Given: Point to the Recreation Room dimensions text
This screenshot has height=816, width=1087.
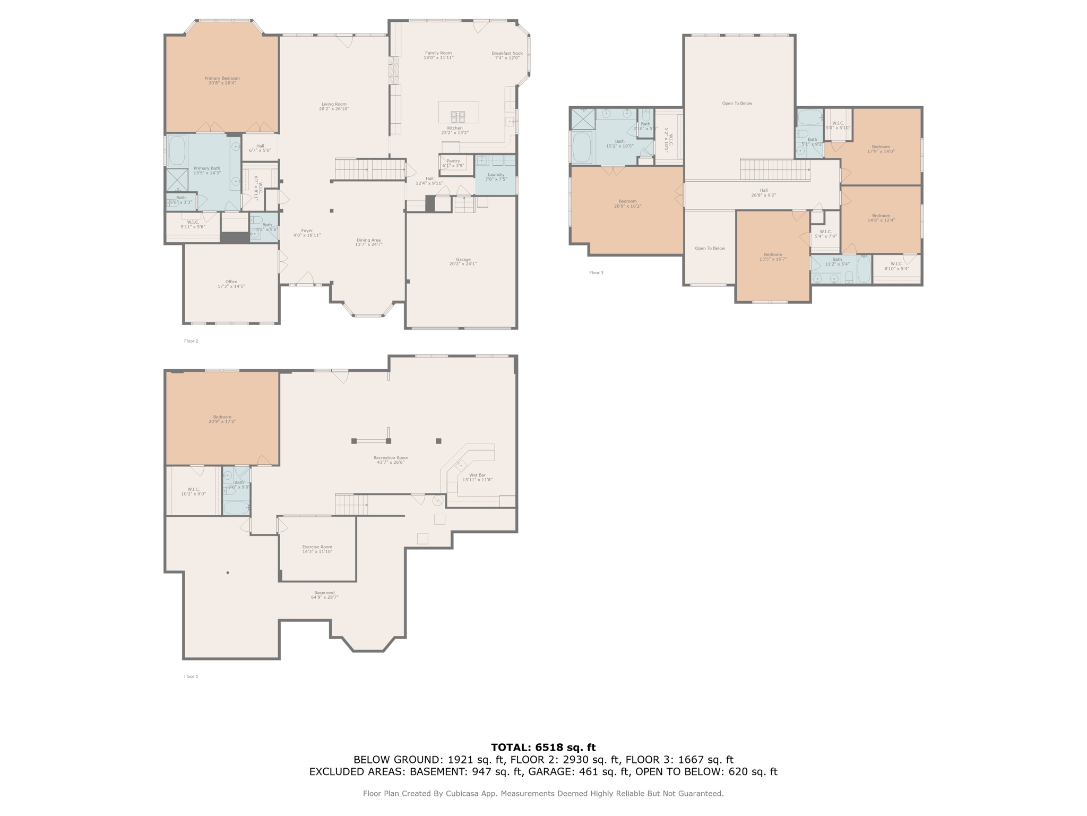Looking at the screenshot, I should pyautogui.click(x=391, y=463).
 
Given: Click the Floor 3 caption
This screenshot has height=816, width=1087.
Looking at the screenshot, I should pyautogui.click(x=596, y=273).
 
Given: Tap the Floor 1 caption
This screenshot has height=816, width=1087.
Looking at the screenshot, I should pyautogui.click(x=191, y=676).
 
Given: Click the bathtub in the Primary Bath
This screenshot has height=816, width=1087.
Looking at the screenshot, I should pyautogui.click(x=177, y=150).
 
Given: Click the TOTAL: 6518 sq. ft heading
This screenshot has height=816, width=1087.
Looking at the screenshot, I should pyautogui.click(x=543, y=747).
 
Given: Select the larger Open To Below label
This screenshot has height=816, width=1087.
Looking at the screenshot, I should pyautogui.click(x=737, y=104).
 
